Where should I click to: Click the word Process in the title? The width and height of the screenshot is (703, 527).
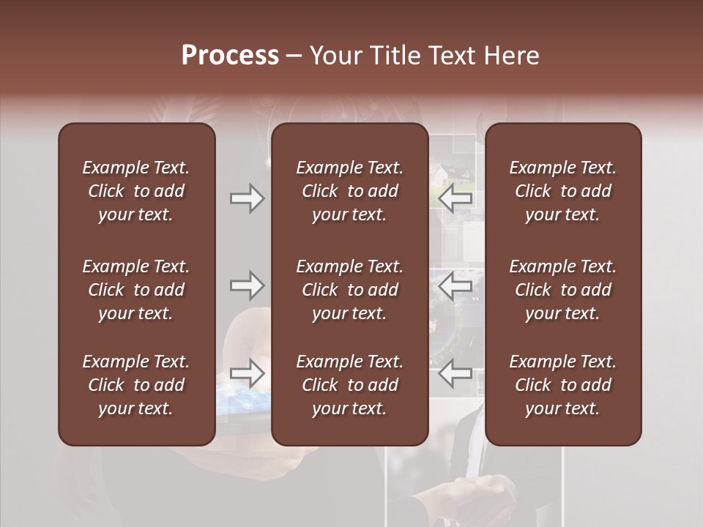point(230,56)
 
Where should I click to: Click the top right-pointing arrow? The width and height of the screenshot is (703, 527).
point(248,198)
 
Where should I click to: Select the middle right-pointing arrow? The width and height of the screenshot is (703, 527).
point(248,285)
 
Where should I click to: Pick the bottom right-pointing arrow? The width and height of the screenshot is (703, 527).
point(248,373)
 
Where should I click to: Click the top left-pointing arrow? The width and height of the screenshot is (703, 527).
point(455,198)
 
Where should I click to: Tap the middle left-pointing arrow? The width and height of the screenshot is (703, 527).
point(455,285)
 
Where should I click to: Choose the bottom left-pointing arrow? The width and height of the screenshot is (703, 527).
point(455,373)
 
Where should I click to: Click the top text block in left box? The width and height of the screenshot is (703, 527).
point(136,191)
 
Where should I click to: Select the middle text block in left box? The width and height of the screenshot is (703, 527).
point(136,290)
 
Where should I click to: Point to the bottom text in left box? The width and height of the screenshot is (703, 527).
point(136,385)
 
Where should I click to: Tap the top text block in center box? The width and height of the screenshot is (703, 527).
point(350,191)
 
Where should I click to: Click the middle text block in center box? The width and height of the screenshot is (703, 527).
point(350,290)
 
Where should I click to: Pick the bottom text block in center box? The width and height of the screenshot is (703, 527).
point(350,385)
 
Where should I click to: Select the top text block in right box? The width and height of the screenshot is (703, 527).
point(563,191)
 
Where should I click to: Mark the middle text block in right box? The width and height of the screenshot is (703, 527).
point(563,290)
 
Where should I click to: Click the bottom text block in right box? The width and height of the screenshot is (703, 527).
point(563,385)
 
